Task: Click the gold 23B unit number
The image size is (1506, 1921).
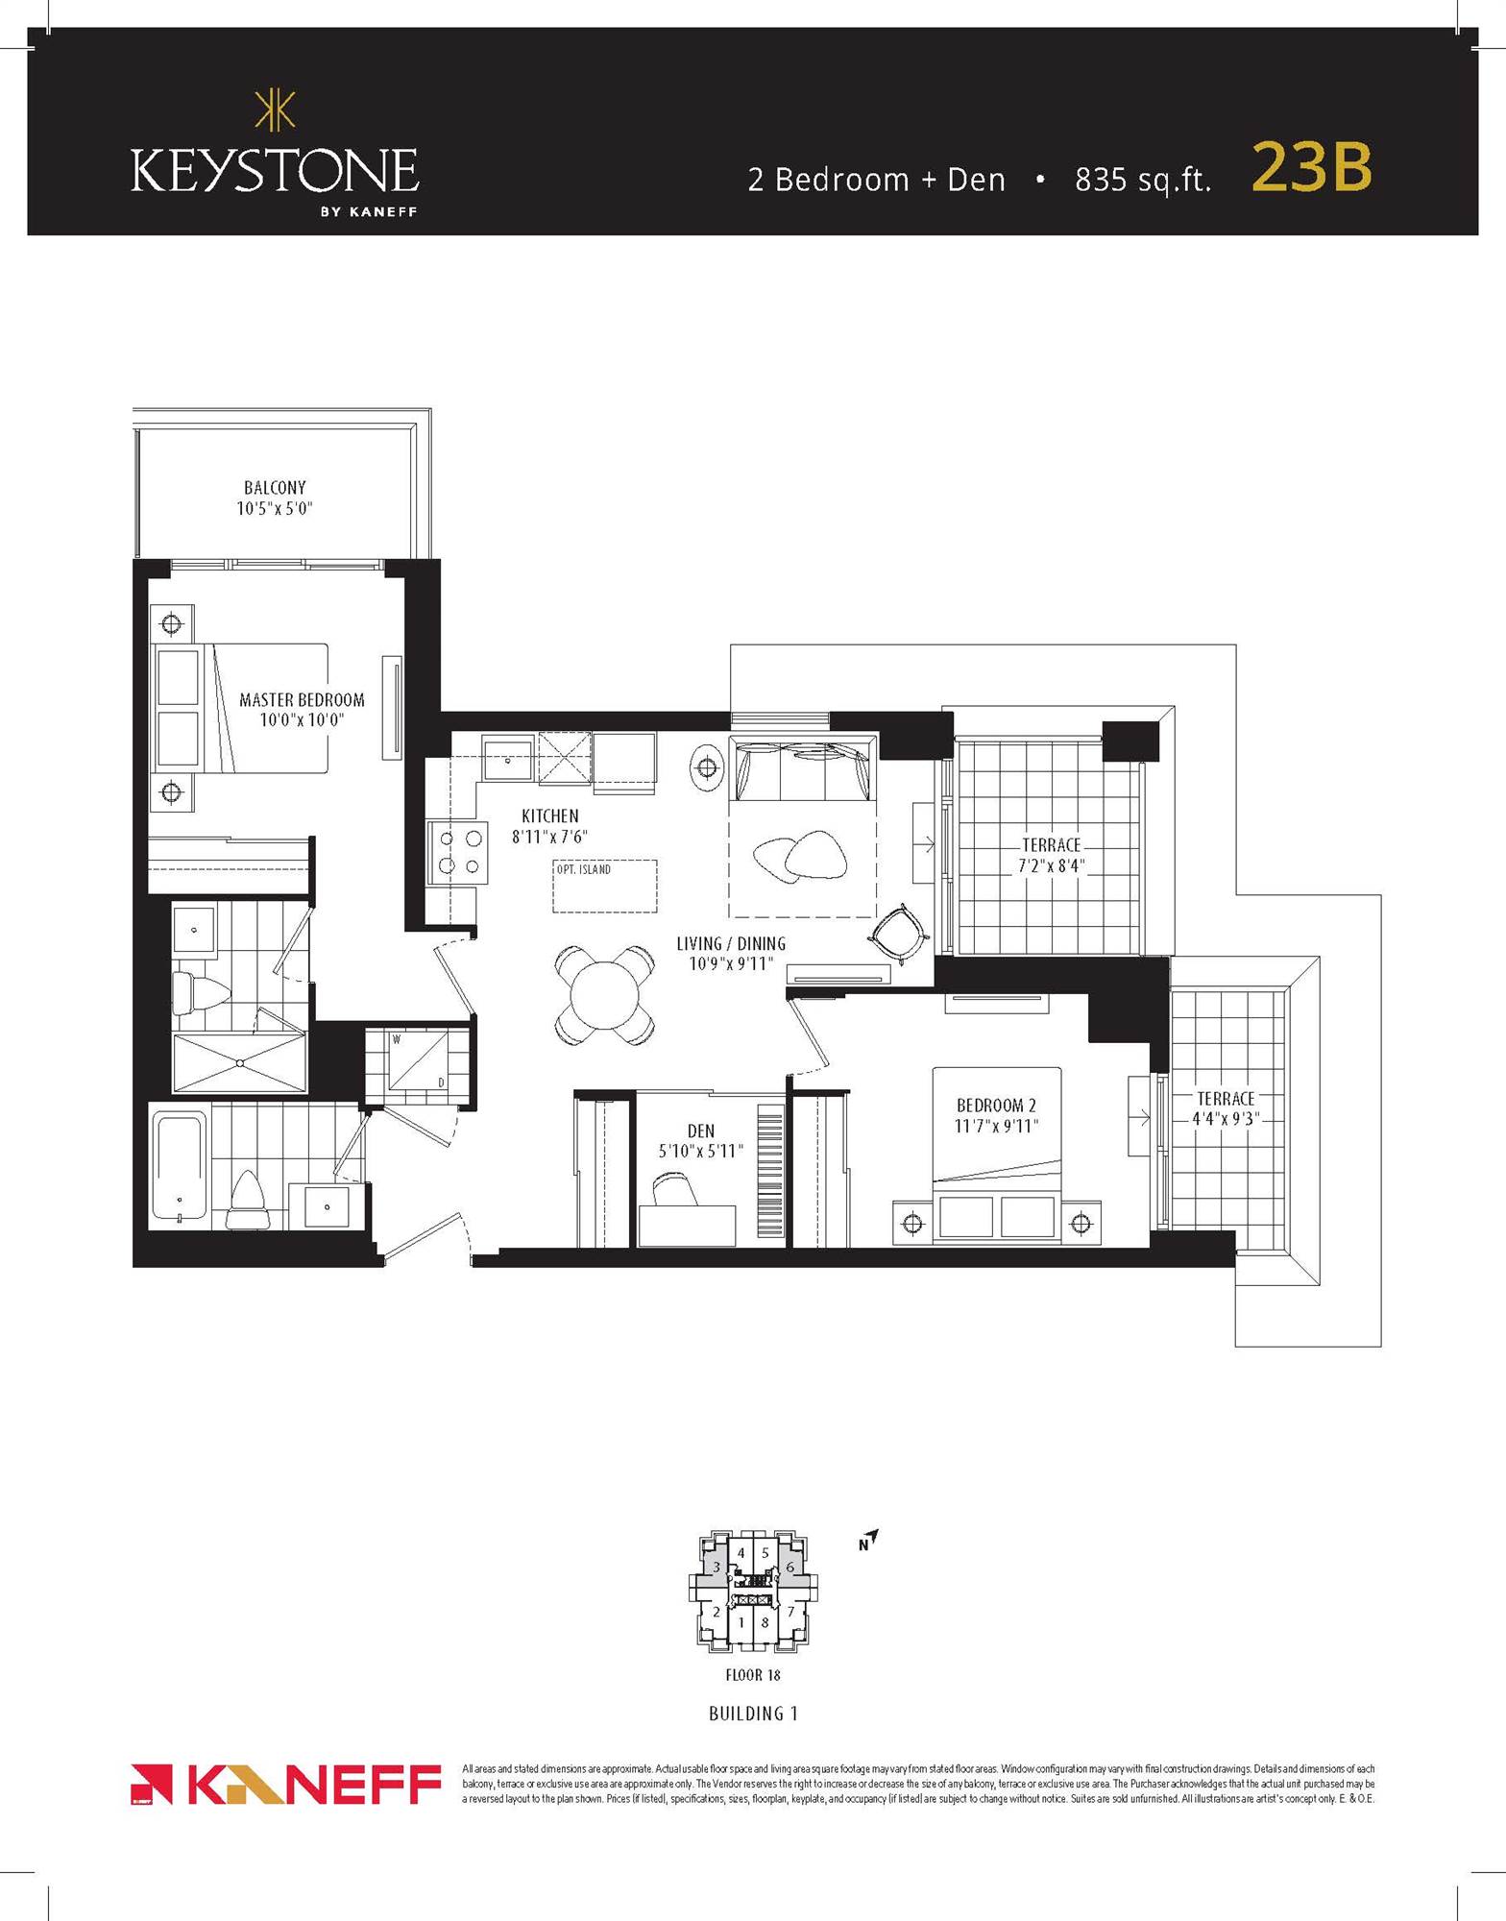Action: point(1311,168)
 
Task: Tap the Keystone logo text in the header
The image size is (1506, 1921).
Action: point(275,171)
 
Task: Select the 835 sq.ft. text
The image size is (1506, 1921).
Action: point(1142,180)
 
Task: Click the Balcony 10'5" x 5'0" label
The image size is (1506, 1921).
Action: point(275,498)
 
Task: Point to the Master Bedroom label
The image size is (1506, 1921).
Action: point(302,709)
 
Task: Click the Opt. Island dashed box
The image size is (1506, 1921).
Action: point(605,886)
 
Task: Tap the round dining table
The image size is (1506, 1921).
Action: point(604,996)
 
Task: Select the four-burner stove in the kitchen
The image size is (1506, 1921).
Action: point(460,851)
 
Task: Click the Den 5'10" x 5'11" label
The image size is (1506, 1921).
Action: point(701,1140)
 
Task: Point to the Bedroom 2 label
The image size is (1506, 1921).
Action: point(996,1115)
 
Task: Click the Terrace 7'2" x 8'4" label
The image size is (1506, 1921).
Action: point(1051,855)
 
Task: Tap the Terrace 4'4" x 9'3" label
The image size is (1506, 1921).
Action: point(1225,1107)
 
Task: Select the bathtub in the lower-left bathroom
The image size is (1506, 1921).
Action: point(179,1166)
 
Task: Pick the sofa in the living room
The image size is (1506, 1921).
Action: point(803,768)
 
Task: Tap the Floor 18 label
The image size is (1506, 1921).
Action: point(753,1675)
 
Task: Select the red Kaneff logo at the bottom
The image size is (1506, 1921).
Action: point(285,1785)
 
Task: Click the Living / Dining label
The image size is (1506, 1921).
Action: point(731,953)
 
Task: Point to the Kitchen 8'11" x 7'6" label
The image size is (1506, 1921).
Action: point(549,826)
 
